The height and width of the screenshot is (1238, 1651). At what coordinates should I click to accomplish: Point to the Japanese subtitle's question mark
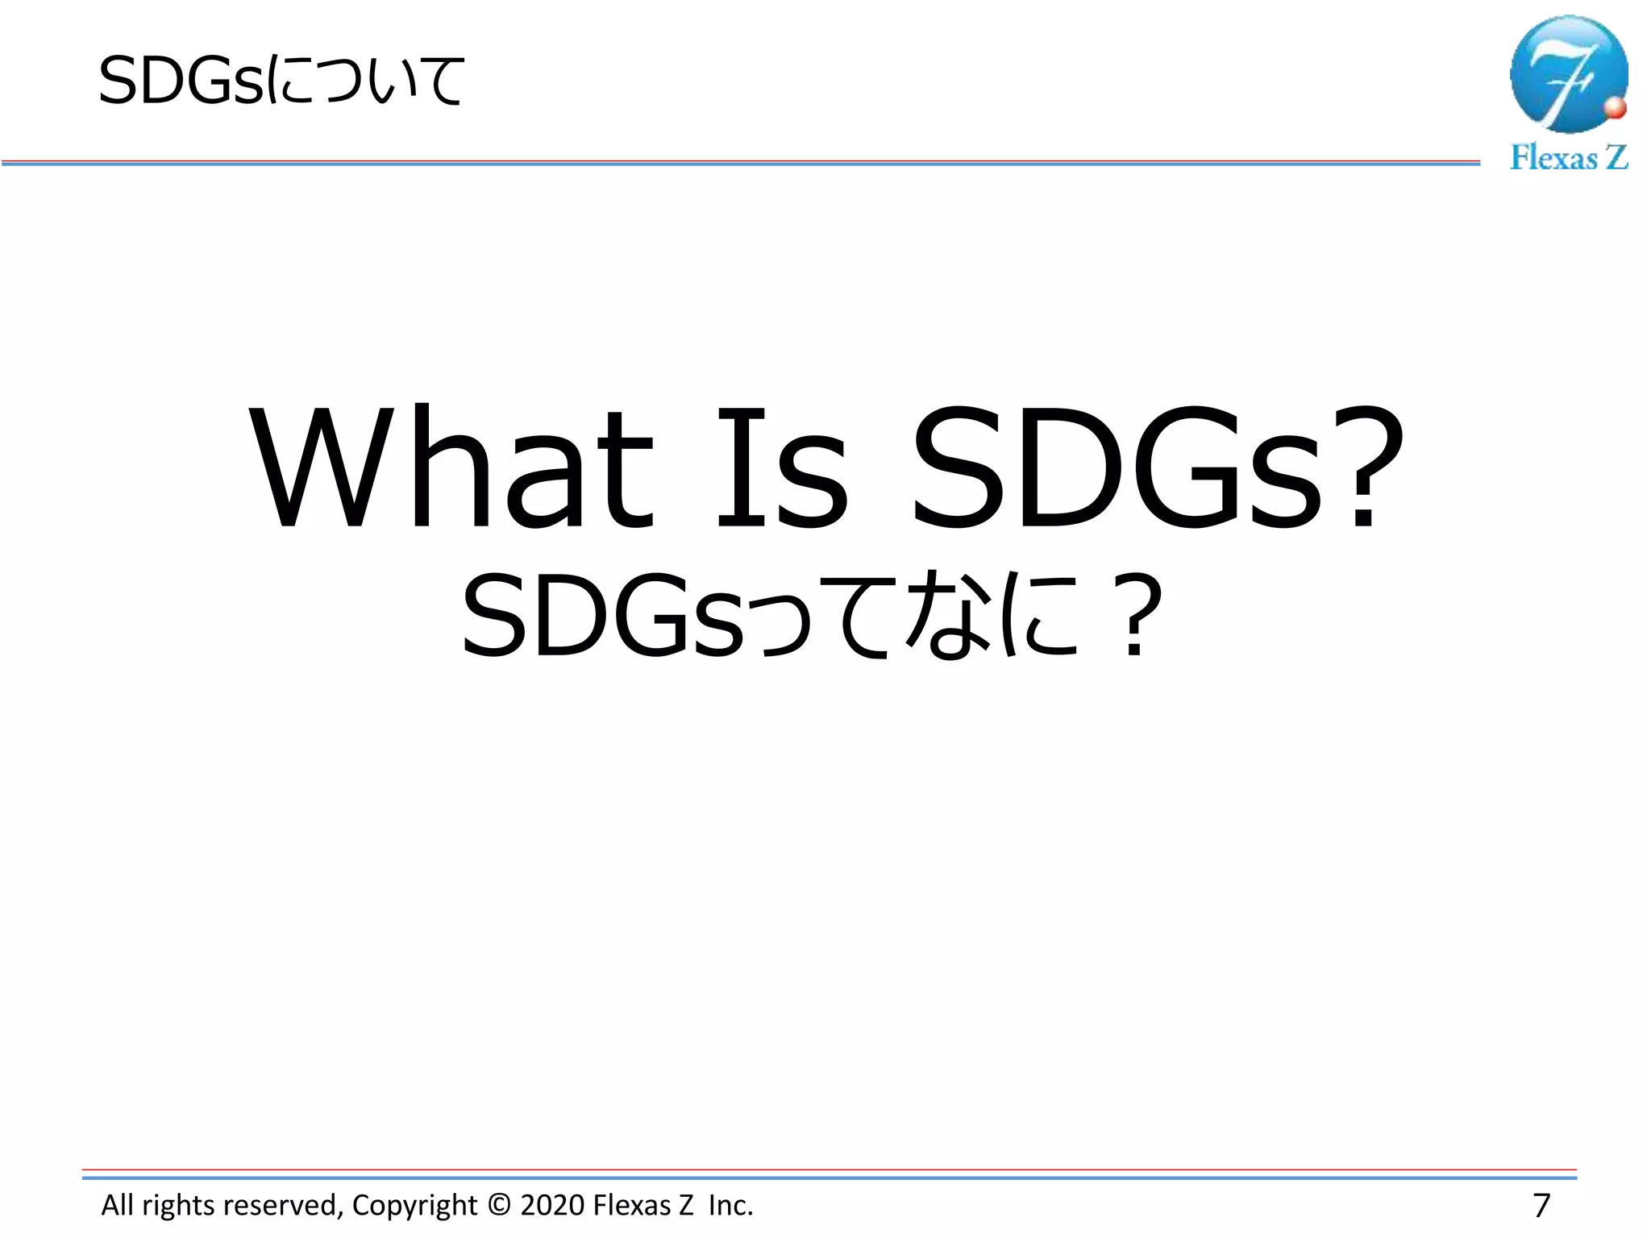1133,617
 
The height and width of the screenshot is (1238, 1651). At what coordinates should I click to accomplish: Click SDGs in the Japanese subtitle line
601,617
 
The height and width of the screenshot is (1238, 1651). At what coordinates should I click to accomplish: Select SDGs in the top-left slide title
181,81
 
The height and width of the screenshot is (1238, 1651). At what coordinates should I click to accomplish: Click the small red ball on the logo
1615,108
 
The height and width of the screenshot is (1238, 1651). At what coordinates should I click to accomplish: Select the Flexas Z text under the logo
1569,157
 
